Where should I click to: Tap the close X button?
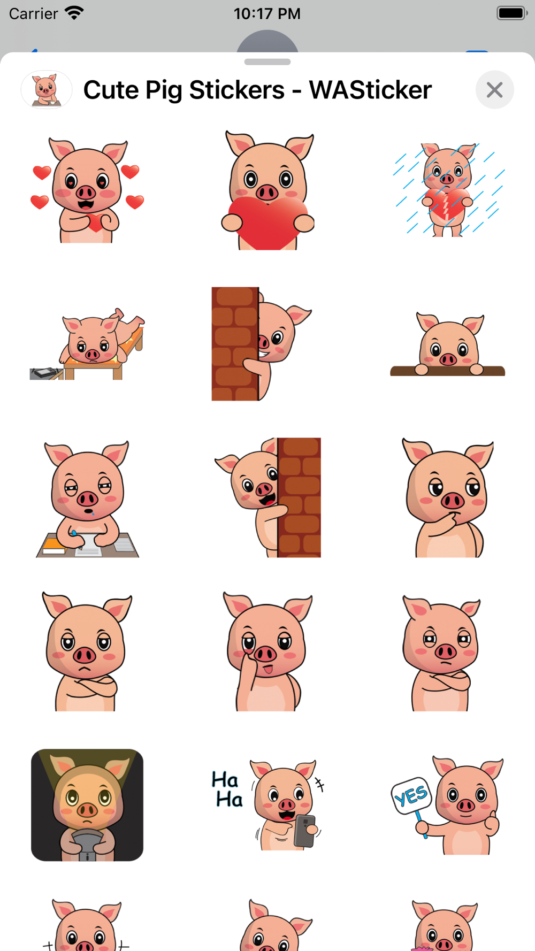coord(495,90)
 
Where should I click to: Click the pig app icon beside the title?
coord(47,89)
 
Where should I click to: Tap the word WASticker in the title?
coord(370,90)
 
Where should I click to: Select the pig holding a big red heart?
coord(267,190)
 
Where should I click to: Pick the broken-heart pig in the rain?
coord(448,190)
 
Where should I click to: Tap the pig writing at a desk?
coord(87,499)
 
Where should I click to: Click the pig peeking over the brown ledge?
coord(448,345)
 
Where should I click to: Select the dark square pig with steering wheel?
coord(87,805)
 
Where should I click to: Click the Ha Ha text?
coord(227,789)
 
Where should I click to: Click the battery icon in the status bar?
coord(512,13)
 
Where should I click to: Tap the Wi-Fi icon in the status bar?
coord(74,13)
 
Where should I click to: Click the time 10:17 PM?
coord(267,13)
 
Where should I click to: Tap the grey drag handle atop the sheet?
coord(267,62)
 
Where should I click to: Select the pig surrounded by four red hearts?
coord(87,190)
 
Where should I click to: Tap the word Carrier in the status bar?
coord(33,13)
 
